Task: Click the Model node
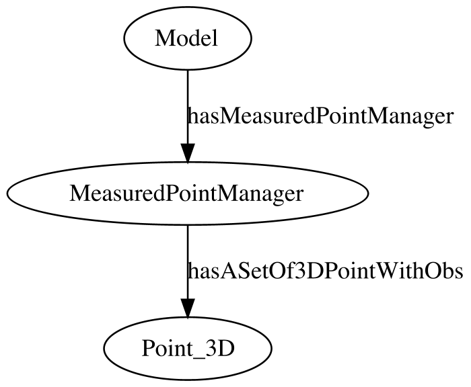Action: (x=188, y=38)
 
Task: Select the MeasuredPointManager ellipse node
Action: (x=188, y=193)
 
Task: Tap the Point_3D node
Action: (x=188, y=349)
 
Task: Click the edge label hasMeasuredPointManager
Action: (x=320, y=117)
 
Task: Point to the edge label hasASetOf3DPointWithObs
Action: (x=325, y=271)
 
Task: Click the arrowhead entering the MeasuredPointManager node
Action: (x=188, y=153)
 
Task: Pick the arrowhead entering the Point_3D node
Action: (x=188, y=308)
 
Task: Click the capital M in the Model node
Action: (x=164, y=39)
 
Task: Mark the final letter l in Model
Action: (x=215, y=38)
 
